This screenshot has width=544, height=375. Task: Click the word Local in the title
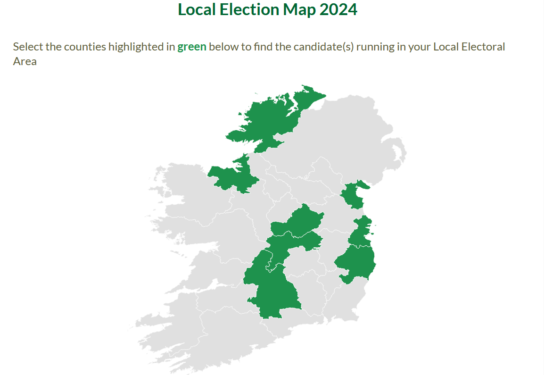pyautogui.click(x=197, y=10)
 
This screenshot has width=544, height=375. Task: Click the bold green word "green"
pyautogui.click(x=191, y=47)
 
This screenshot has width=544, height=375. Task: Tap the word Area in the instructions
pyautogui.click(x=25, y=61)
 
